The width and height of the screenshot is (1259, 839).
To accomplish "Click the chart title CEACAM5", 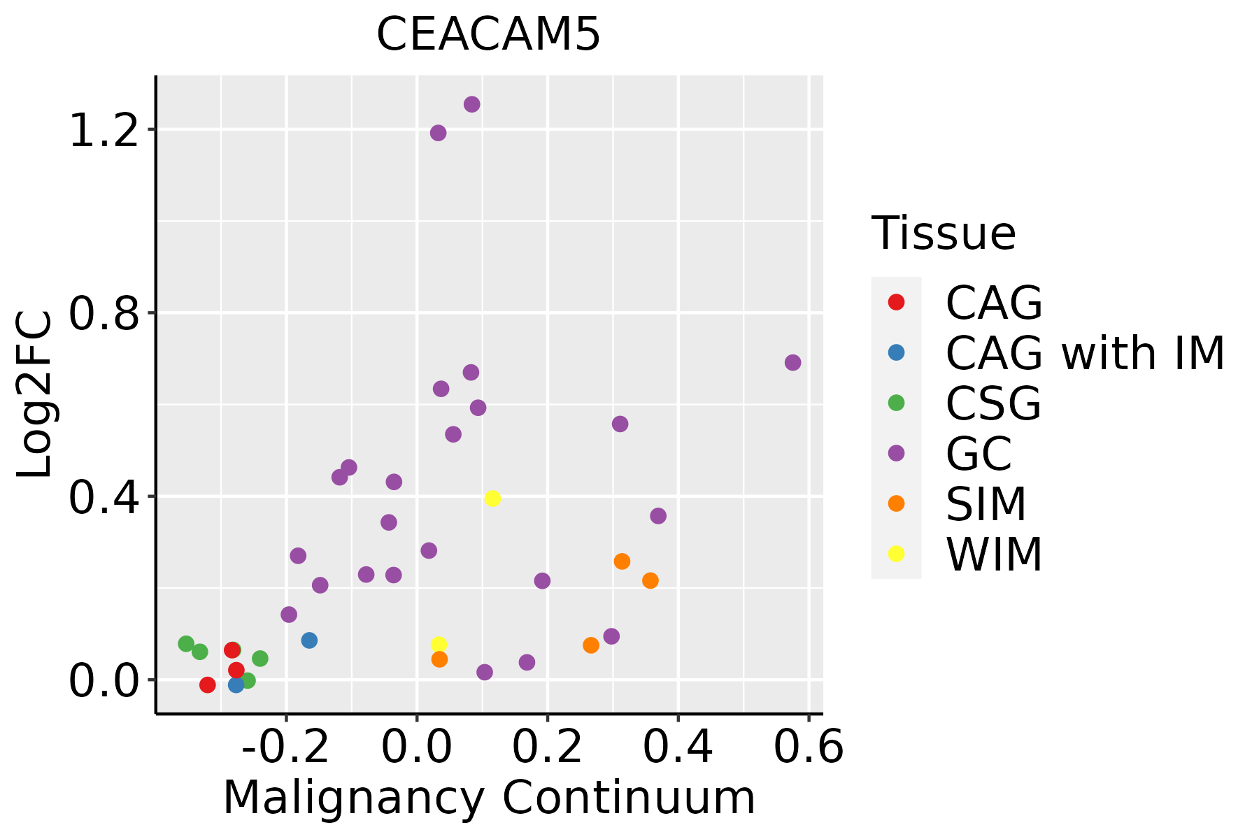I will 488,35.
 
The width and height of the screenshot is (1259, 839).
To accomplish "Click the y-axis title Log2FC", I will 35,395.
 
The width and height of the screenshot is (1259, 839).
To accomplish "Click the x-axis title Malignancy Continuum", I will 489,798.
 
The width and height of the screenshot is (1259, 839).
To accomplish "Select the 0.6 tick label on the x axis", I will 809,747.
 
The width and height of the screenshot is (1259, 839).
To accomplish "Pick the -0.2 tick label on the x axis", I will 285,747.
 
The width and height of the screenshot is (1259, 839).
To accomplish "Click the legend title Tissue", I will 944,234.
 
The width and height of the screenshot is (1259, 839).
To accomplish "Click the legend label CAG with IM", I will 1085,353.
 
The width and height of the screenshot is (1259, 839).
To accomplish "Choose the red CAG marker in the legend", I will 896,302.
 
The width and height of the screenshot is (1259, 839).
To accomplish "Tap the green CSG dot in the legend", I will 896,403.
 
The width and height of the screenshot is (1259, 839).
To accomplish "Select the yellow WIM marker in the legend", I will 896,554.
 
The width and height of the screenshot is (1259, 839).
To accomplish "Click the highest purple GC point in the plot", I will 472,104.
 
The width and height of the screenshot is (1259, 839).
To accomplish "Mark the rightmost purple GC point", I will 792,362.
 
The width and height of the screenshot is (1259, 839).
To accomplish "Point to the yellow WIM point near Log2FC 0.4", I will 492,499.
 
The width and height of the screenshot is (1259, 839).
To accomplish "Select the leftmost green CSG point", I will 186,644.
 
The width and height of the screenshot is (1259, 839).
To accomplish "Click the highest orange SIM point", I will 622,561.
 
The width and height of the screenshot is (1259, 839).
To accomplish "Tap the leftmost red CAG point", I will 207,684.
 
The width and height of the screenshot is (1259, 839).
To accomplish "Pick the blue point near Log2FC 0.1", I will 309,640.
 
